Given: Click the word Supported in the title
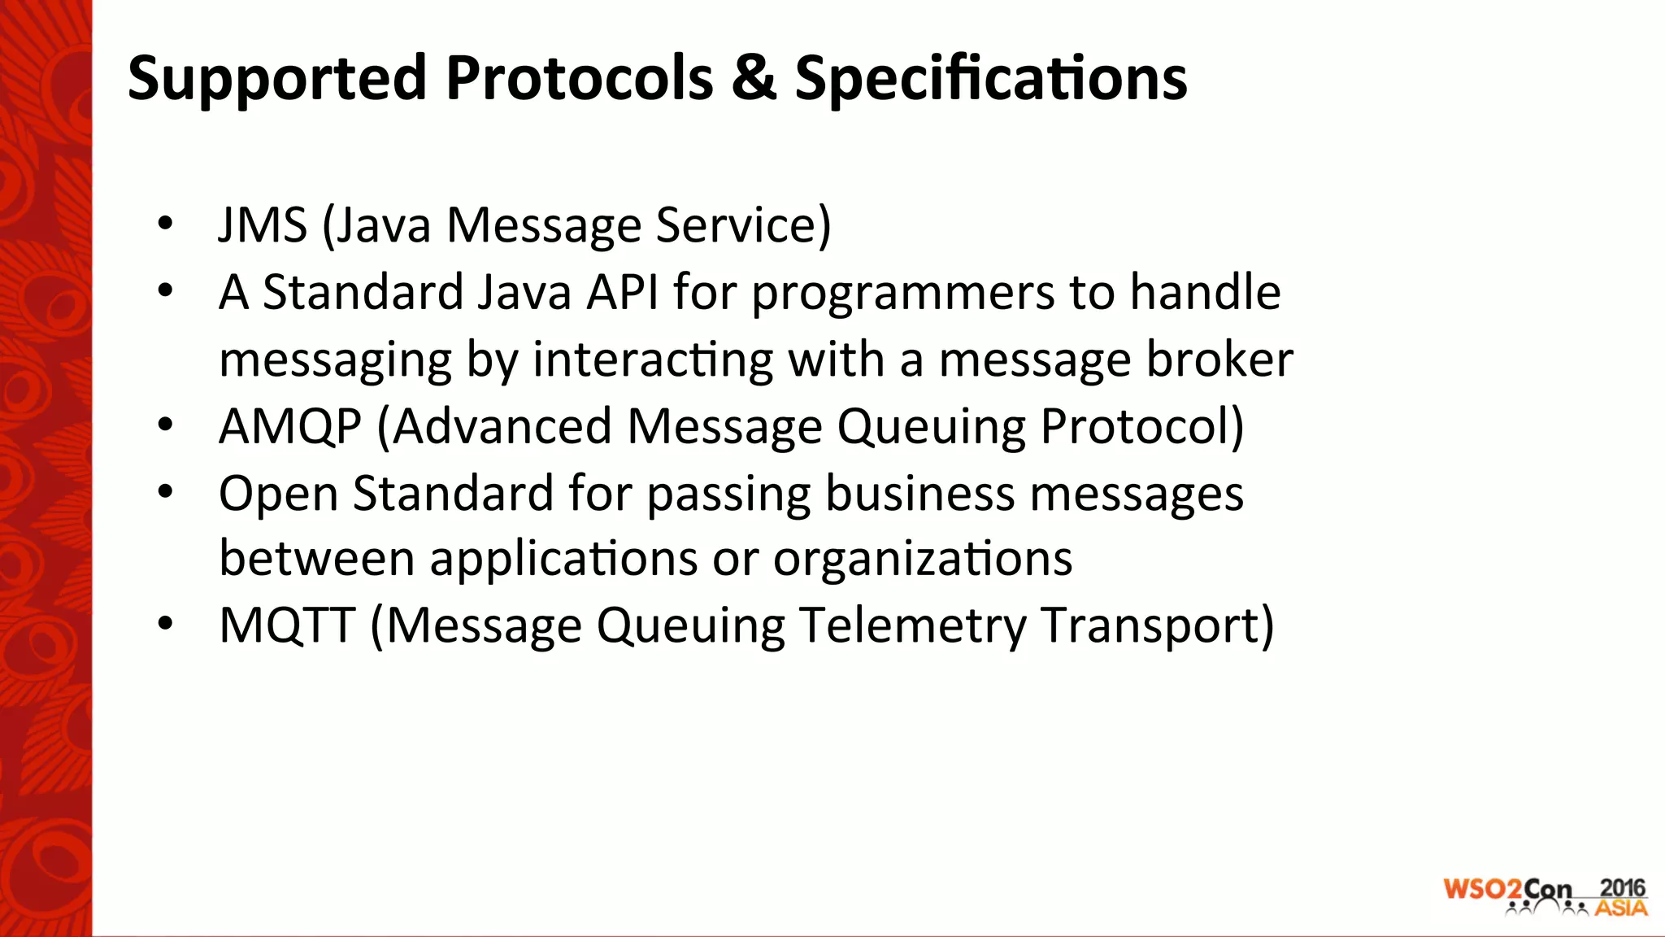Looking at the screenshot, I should (x=277, y=80).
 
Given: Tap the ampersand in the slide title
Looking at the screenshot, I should (x=753, y=78).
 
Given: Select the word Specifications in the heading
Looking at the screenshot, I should (x=990, y=80).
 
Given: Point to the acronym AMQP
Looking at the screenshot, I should (x=290, y=426).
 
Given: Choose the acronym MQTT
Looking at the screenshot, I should (x=287, y=625).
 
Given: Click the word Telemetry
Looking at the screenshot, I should (x=913, y=626).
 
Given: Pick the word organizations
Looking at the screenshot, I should (x=922, y=560).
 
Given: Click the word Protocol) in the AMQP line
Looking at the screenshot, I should (x=1141, y=426).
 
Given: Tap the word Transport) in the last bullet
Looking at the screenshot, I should (x=1157, y=626).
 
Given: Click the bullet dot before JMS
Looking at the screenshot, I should (x=166, y=224).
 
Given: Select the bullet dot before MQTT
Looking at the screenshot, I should (x=166, y=624).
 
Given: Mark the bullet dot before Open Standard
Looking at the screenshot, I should (x=166, y=491).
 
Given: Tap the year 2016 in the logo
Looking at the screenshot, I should (x=1622, y=887).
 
